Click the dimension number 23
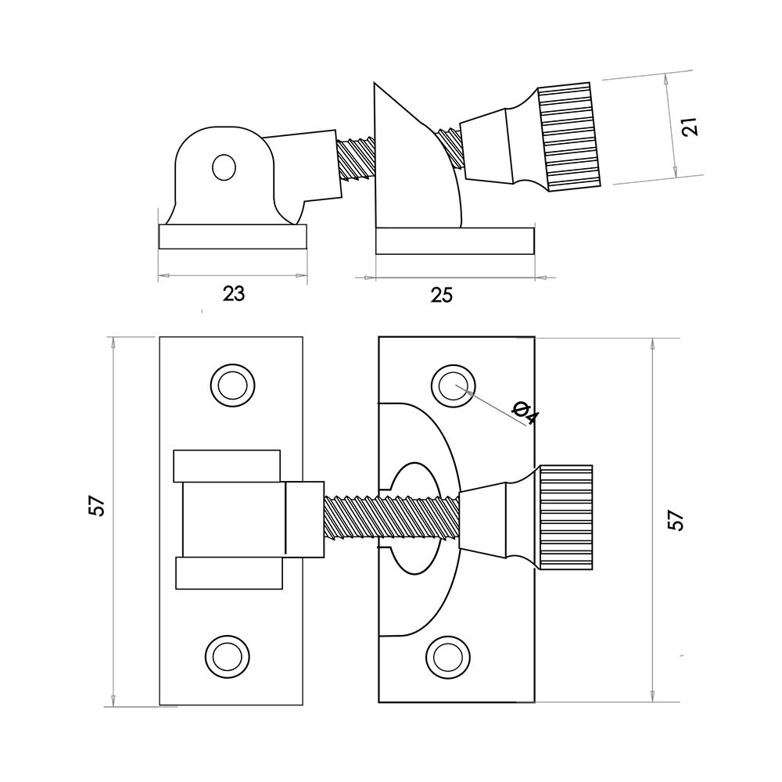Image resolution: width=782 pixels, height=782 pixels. [233, 294]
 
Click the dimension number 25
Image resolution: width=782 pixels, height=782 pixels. [442, 295]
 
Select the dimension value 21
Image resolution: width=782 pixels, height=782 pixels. [689, 126]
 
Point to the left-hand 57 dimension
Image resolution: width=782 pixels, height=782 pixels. [96, 507]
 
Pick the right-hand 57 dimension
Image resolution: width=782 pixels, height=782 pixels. [676, 520]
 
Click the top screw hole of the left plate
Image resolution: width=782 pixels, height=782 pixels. [232, 385]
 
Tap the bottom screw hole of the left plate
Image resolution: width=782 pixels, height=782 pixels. [224, 655]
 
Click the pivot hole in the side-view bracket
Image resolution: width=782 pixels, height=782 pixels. [224, 167]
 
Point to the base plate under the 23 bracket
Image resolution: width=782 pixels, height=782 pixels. [232, 237]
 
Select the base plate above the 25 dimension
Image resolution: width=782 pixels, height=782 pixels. [454, 241]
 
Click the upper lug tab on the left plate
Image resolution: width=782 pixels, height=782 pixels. [227, 466]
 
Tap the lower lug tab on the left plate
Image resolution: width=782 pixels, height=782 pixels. [228, 573]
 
